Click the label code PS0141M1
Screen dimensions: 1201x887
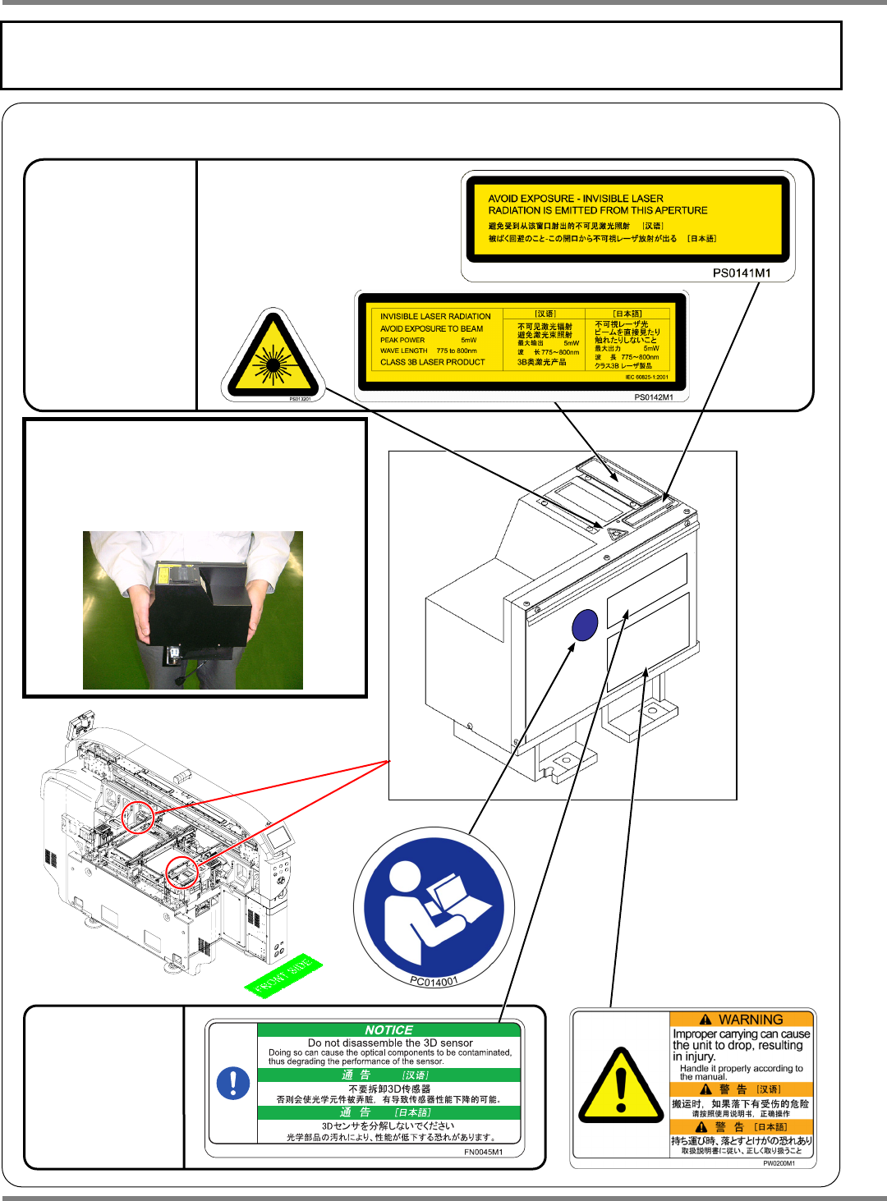coord(741,273)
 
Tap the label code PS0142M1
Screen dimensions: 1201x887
coord(653,397)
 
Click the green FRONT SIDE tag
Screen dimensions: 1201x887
coord(283,975)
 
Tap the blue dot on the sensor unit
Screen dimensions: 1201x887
coord(584,626)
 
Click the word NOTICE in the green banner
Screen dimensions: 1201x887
coord(388,1029)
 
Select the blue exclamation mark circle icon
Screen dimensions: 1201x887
coord(233,1083)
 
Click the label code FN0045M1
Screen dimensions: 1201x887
coord(483,1152)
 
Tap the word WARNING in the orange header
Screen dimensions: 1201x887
coord(750,1020)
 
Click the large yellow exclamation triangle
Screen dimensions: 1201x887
coord(621,1088)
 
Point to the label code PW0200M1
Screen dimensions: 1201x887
coord(778,1163)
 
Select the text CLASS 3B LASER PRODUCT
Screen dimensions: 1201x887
coord(433,362)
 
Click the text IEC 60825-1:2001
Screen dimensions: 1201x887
coord(646,378)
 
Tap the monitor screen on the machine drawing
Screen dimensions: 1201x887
coord(278,837)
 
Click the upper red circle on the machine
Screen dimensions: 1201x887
coord(138,818)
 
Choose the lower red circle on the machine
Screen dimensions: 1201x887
coord(182,872)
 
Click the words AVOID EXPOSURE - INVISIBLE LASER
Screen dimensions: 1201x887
coord(576,199)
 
